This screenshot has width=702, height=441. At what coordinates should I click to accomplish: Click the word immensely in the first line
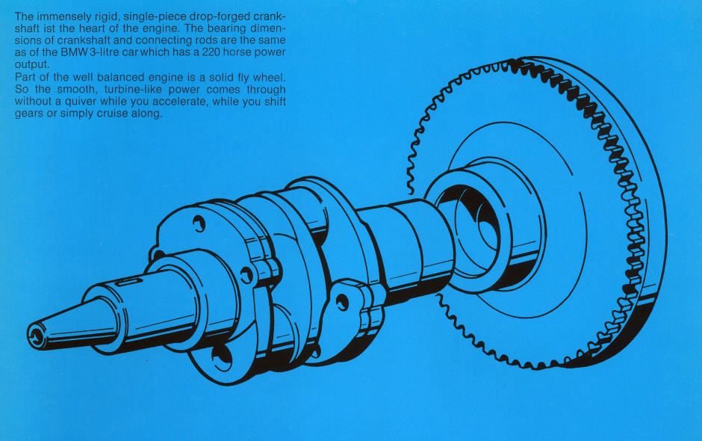coord(63,17)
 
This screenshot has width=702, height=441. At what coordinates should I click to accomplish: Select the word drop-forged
coord(220,17)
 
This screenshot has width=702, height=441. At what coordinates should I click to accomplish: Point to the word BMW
coord(75,52)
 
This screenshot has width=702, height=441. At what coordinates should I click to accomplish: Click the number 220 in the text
coord(211,52)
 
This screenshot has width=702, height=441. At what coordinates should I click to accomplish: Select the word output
coord(32,64)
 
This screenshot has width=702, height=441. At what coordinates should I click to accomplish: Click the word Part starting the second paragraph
coord(25,77)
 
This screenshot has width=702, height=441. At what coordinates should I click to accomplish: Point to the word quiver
coord(81,102)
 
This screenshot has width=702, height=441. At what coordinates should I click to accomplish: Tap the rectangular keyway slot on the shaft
coord(129,282)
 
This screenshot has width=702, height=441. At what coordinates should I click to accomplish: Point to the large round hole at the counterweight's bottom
coord(222,358)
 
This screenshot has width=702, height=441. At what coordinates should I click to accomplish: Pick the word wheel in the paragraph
coord(269,77)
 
